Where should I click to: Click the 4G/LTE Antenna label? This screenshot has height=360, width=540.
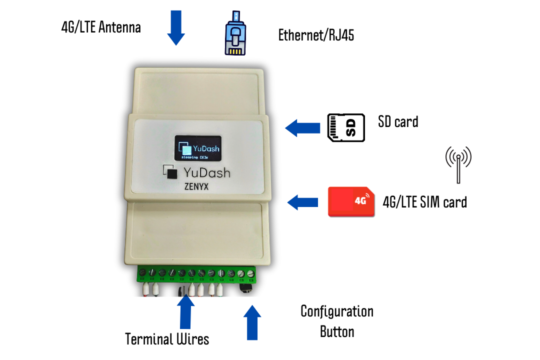point(100,26)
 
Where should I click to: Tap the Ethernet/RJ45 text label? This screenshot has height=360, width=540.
point(316,35)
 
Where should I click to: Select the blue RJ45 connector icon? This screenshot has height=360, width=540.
point(235,35)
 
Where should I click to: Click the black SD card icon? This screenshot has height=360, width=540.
point(346,127)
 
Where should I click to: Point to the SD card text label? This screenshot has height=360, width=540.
point(398,121)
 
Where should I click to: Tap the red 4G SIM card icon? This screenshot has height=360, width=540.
point(351,201)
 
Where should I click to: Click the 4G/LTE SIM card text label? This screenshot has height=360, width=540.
point(424,202)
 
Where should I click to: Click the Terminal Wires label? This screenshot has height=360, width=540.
point(167,339)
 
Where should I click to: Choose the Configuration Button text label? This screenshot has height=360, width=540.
point(337,321)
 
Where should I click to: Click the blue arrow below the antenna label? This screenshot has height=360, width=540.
point(176,28)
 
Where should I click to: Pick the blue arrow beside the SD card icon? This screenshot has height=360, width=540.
point(303,128)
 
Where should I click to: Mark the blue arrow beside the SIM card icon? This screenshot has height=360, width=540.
point(303,202)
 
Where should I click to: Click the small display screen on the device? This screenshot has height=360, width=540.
point(198,147)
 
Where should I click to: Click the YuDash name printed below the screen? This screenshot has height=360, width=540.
point(206,173)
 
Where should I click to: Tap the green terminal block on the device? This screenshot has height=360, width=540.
point(197,273)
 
